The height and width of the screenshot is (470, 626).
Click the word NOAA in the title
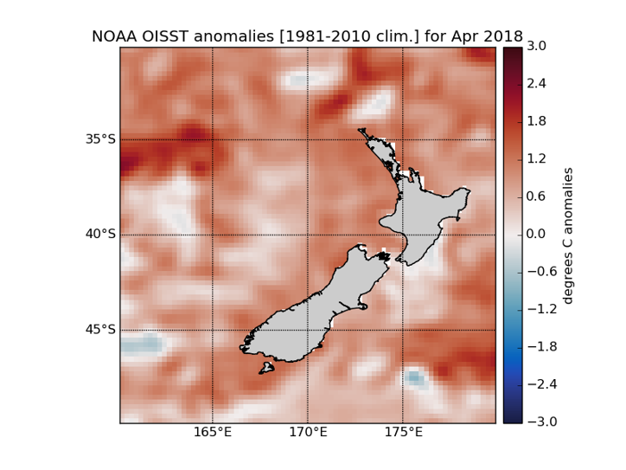tap(114, 36)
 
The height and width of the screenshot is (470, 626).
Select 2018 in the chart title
tap(503, 36)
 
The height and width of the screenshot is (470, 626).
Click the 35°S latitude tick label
tap(100, 139)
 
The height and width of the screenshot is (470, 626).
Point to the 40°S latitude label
tap(100, 235)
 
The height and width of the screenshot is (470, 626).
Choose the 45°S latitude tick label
tap(100, 330)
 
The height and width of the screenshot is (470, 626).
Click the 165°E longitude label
tap(213, 433)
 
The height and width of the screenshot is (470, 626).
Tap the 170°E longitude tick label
tap(308, 433)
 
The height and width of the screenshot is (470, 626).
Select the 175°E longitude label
tap(403, 433)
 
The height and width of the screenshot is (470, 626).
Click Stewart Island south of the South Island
tap(266, 369)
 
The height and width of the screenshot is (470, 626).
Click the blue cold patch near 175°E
tap(415, 377)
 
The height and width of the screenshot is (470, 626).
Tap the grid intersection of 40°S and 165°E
tap(213, 235)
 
